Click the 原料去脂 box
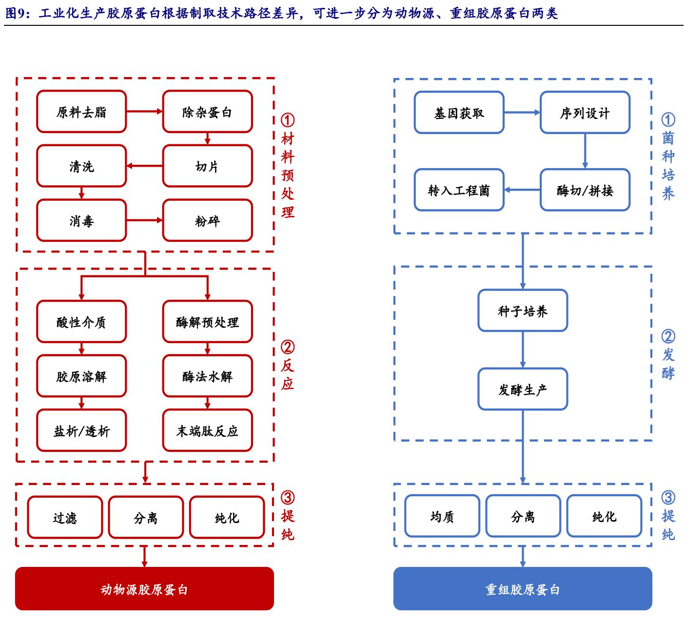point(81,112)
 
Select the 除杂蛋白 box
point(207,112)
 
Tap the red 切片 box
point(207,166)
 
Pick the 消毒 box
point(81,220)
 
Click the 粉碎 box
point(207,220)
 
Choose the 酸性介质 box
point(81,322)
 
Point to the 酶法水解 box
point(207,376)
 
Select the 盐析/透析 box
point(81,430)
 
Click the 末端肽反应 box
point(207,430)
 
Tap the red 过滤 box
point(65,517)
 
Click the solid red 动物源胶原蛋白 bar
point(144,589)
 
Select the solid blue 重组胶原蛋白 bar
point(523,589)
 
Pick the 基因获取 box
point(459,113)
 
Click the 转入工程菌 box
point(459,190)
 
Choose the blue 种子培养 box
point(523,311)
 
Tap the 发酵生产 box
point(523,389)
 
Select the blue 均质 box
point(442,516)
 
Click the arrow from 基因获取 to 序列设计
point(522,113)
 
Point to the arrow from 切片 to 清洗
point(144,166)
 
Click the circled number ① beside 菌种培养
point(668,119)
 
